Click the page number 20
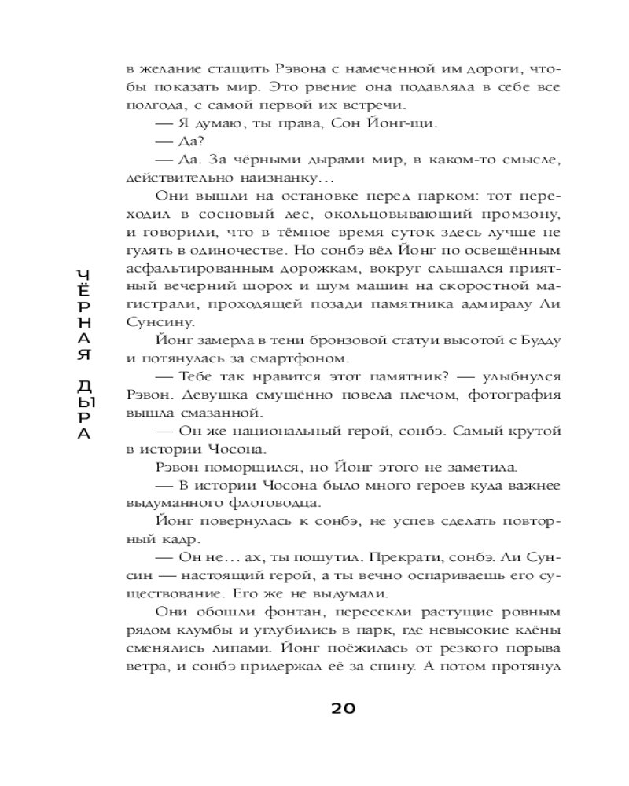(x=343, y=708)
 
